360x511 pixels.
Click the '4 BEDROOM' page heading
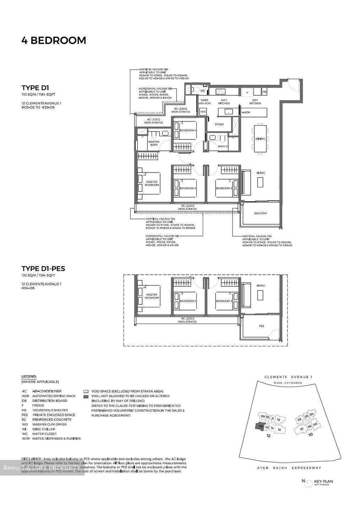click(x=54, y=40)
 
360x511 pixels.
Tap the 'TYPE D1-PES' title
click(x=43, y=269)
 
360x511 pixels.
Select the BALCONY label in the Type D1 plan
click(x=261, y=213)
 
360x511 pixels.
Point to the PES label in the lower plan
click(x=261, y=326)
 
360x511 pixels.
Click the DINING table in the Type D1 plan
click(x=260, y=139)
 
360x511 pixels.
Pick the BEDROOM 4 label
click(x=187, y=131)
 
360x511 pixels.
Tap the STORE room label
click(x=219, y=124)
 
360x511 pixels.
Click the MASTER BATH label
click(x=154, y=143)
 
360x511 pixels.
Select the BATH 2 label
click(x=223, y=146)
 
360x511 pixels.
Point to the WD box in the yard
click(x=203, y=111)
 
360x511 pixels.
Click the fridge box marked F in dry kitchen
click(x=247, y=92)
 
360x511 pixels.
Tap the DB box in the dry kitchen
click(x=264, y=92)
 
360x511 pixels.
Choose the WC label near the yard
click(x=203, y=91)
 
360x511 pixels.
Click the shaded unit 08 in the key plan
click(x=260, y=426)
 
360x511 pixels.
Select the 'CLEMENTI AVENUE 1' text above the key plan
click(x=288, y=377)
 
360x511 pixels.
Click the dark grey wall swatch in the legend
click(x=86, y=396)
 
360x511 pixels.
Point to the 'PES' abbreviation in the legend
click(x=24, y=415)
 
